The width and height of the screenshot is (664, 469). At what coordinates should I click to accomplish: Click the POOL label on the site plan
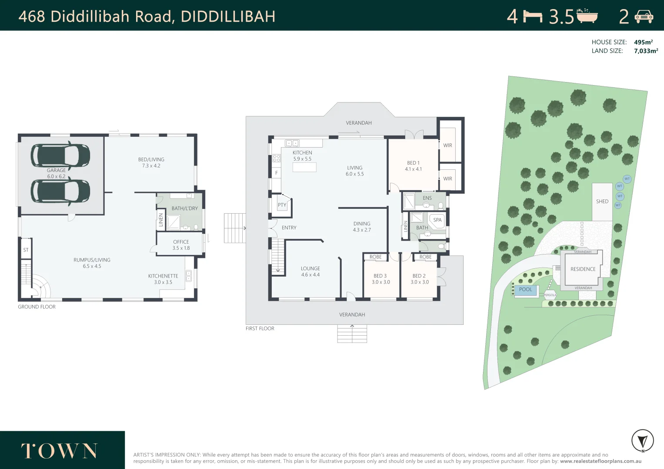click(525, 290)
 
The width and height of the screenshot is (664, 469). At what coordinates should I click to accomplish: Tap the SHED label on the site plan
click(602, 201)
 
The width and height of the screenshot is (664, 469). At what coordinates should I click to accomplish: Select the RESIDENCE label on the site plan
click(583, 269)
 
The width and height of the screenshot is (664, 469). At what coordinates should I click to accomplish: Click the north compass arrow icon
click(642, 441)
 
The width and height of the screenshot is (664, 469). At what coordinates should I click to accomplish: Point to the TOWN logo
click(59, 451)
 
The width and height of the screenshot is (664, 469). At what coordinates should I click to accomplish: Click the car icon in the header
click(644, 17)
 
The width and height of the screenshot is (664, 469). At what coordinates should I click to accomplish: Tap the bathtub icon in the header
click(587, 16)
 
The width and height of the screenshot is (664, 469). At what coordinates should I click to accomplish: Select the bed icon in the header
click(533, 17)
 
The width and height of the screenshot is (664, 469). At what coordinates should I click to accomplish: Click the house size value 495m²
click(643, 42)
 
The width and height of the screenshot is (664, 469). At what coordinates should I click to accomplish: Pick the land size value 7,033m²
click(646, 51)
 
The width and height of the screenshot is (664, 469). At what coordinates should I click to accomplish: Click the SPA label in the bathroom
click(437, 220)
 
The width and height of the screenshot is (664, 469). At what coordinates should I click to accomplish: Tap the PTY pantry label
click(282, 205)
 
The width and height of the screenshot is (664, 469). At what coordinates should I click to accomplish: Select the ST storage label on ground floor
click(26, 250)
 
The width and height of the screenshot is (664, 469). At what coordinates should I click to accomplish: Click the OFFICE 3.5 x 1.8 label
click(181, 245)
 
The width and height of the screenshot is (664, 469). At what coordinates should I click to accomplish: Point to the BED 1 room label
click(413, 166)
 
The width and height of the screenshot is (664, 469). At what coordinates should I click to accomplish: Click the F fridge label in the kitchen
click(276, 173)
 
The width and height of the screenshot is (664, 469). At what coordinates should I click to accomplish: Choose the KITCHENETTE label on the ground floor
click(163, 279)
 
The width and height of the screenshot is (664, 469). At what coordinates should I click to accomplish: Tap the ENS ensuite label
click(427, 198)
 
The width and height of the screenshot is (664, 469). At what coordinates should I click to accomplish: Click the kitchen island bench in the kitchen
click(304, 167)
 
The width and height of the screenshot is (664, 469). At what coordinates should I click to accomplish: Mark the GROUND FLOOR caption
click(37, 307)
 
